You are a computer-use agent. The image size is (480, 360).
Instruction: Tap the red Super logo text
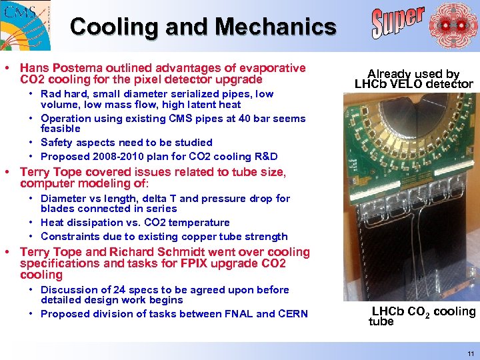coord(398,23)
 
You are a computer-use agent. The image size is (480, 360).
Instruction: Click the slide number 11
coord(471,353)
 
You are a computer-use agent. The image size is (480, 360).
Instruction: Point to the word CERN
coord(293,314)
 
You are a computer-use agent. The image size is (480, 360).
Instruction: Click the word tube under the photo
coord(381,321)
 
